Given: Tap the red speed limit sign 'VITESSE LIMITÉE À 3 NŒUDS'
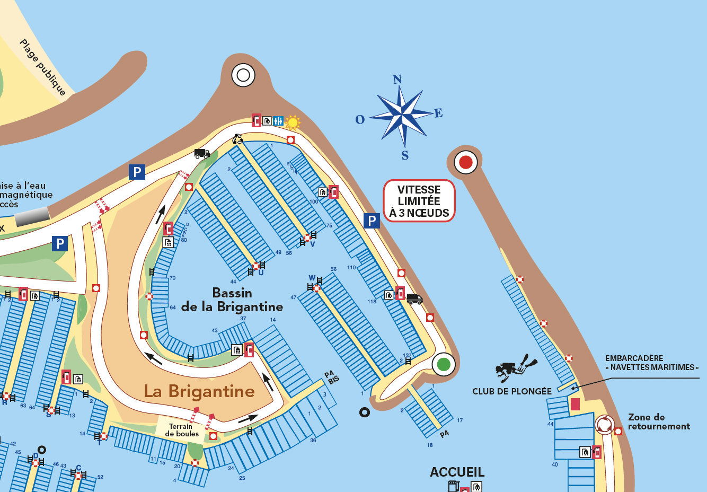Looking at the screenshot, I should [419, 201].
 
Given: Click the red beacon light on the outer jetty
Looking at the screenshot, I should [466, 162].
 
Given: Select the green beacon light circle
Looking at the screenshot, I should [444, 364].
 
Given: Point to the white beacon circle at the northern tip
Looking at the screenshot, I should [243, 75].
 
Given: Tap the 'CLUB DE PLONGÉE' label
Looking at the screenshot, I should [512, 391].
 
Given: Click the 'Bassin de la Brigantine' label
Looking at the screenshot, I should [232, 300].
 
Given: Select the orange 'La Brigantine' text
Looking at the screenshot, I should [199, 391].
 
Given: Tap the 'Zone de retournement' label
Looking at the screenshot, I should [659, 421].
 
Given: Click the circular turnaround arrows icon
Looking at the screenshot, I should [604, 424].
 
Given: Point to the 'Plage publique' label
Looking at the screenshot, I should [42, 67].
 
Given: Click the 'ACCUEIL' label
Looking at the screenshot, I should [457, 472].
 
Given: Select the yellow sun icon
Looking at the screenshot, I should [292, 122].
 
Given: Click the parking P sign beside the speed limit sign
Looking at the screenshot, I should [372, 221].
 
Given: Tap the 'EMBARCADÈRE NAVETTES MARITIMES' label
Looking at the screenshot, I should [651, 363].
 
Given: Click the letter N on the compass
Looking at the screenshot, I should [397, 80].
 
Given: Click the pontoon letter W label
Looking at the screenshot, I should [312, 278].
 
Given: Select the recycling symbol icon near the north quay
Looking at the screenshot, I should [238, 139].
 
